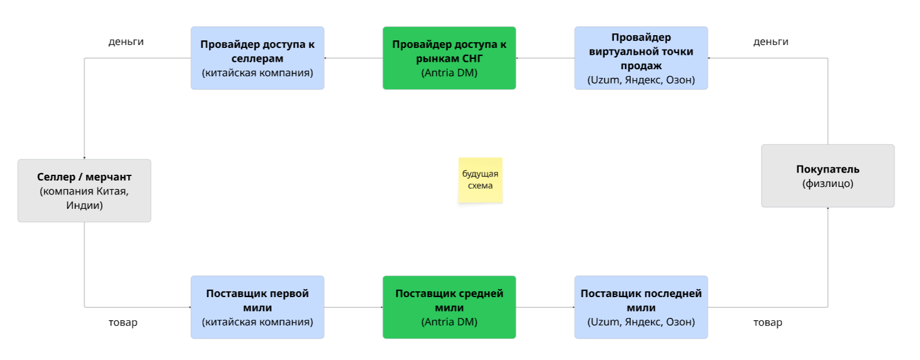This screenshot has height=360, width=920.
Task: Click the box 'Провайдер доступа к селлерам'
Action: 257,58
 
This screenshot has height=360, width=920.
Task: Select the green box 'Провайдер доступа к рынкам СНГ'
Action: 449,58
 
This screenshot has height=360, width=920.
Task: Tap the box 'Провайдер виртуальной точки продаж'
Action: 641,58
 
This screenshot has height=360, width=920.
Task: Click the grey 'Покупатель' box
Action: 828,176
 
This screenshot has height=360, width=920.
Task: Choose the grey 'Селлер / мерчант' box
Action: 84,190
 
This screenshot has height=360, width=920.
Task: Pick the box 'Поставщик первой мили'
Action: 257,307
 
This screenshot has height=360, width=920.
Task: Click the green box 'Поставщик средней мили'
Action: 449,307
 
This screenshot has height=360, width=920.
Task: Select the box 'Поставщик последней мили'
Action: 641,307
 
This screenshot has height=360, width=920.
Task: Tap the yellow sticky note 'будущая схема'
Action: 480,180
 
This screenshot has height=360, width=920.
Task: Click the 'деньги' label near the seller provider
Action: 126,42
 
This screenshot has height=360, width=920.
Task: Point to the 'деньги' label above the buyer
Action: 771,42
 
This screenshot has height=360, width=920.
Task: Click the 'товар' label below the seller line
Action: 123,322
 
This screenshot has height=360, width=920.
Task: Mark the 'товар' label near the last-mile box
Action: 768,322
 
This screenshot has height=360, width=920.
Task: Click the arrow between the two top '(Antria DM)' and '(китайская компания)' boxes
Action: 353,58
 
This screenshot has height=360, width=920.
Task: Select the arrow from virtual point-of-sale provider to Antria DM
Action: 545,58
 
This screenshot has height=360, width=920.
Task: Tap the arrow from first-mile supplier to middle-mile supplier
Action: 353,307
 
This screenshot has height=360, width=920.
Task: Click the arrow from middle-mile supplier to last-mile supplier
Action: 545,307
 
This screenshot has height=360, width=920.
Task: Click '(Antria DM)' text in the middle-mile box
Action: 449,322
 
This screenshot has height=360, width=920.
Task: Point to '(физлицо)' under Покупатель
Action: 828,183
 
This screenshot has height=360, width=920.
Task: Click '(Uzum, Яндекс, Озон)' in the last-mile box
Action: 641,322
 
